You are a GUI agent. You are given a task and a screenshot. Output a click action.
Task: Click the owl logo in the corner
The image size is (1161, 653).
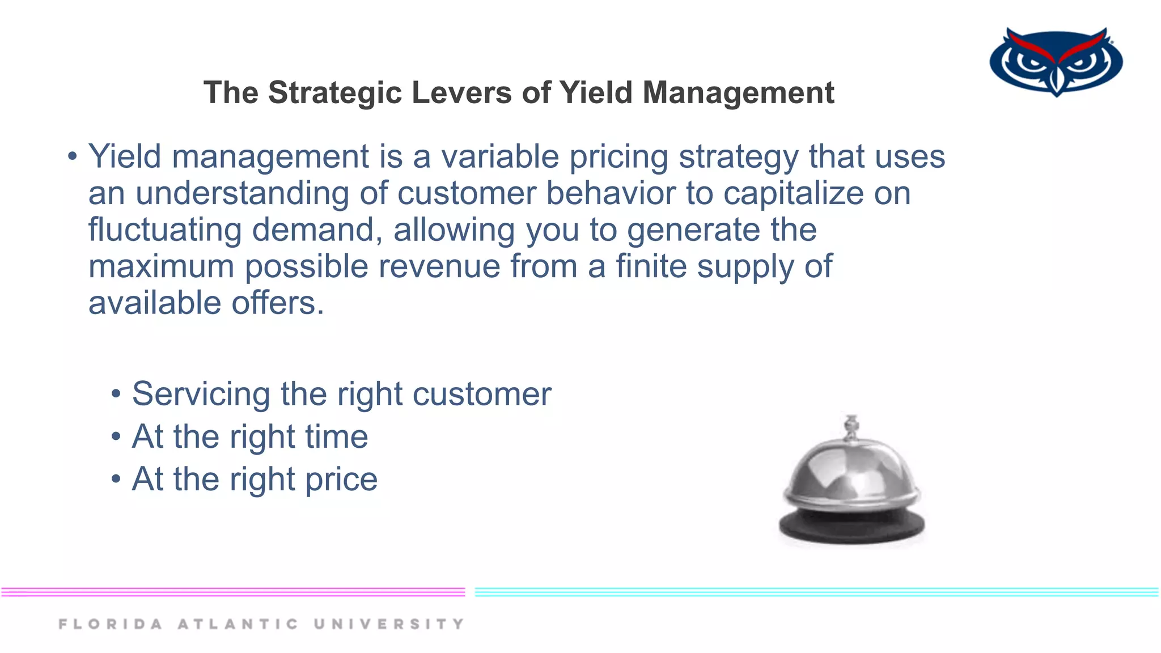coord(1056,61)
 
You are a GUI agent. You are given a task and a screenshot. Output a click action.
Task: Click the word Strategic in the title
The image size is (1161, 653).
coord(335,92)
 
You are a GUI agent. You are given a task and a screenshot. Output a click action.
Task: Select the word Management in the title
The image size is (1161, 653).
coord(738,92)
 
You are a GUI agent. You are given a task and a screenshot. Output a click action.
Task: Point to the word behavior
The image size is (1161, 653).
coord(610,193)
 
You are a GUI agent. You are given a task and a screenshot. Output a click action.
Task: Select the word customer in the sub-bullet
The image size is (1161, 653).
coord(481,394)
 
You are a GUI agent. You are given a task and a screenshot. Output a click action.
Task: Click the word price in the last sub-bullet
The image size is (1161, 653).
coord(341,480)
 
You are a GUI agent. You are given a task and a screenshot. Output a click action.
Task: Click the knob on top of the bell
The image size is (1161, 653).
coord(851,426)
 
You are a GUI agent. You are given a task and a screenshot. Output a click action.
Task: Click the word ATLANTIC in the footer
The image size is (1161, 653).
coord(238,624)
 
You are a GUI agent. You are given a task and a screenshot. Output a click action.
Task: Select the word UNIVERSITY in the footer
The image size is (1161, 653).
coord(389,624)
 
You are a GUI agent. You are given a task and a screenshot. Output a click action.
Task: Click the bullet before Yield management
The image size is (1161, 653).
coord(72,156)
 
